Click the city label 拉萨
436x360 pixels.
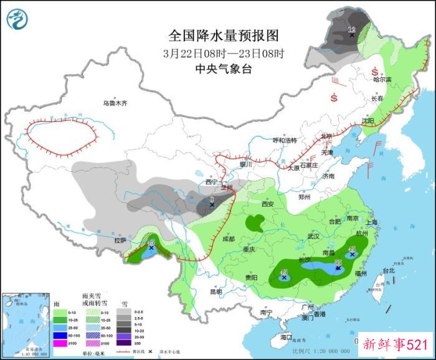point(120,240)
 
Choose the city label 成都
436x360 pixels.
point(228,239)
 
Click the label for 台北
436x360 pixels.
point(389,271)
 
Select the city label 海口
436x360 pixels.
point(286,336)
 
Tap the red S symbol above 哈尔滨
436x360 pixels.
point(376,70)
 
